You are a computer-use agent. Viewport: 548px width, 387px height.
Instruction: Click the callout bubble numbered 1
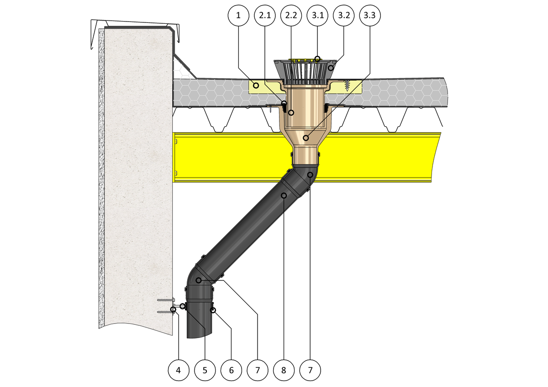[x=238, y=16]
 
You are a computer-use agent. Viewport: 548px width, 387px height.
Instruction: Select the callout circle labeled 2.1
[x=265, y=16]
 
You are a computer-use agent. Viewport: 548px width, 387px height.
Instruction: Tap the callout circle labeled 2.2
[x=291, y=16]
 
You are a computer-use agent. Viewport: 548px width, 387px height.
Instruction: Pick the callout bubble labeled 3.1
[x=317, y=16]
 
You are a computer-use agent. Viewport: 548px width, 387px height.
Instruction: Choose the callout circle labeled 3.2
[x=344, y=16]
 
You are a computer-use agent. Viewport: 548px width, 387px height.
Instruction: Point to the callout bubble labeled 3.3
[x=370, y=16]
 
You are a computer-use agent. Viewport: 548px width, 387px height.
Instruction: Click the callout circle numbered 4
[x=179, y=370]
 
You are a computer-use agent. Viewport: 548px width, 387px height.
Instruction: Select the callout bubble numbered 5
[x=205, y=370]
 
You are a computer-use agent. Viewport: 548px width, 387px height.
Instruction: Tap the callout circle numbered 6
[x=231, y=370]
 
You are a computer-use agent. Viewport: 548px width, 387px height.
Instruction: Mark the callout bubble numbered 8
[x=284, y=370]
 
